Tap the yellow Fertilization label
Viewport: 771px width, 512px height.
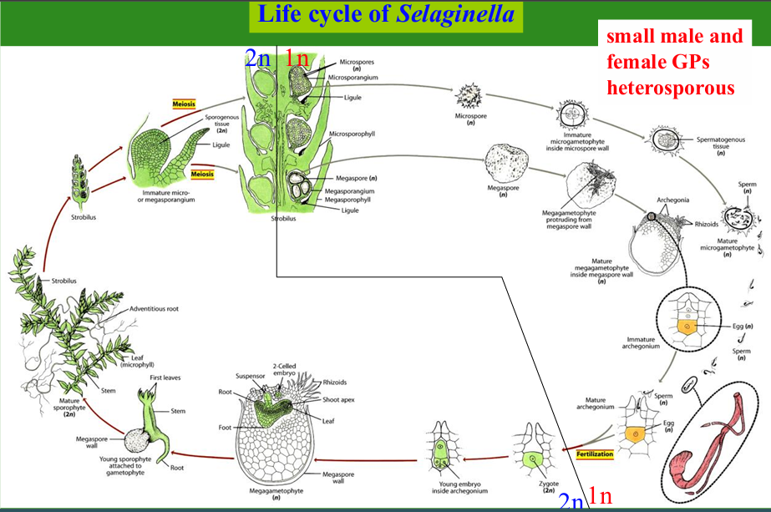[595, 454]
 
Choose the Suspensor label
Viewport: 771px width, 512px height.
[250, 376]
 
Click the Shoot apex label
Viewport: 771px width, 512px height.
[338, 399]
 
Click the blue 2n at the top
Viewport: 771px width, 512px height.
[257, 58]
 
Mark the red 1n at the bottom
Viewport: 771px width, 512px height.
[600, 495]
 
